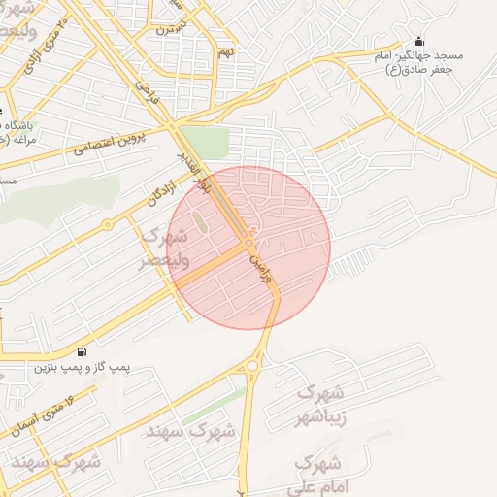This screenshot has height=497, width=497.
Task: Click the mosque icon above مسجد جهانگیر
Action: [418, 41]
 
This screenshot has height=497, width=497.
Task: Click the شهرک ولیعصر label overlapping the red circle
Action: [165, 248]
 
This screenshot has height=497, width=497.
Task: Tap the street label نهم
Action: [226, 51]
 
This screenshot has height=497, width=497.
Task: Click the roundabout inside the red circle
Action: [249, 241]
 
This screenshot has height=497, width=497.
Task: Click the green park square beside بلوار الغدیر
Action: [204, 141]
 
